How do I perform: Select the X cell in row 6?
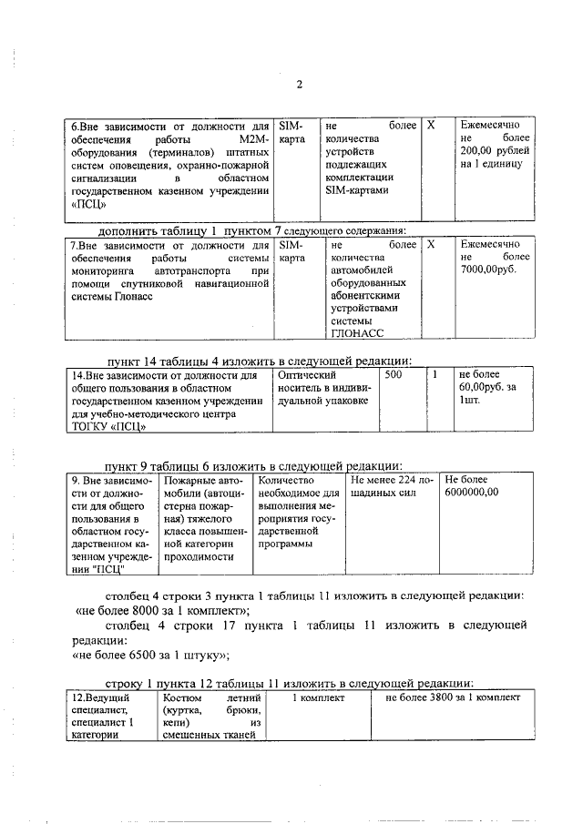pyautogui.click(x=432, y=125)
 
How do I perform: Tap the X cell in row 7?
pyautogui.click(x=432, y=245)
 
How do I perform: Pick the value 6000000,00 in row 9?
pyautogui.click(x=472, y=493)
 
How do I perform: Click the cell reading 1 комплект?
pyautogui.click(x=318, y=697)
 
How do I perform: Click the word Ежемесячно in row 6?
pyautogui.click(x=491, y=125)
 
